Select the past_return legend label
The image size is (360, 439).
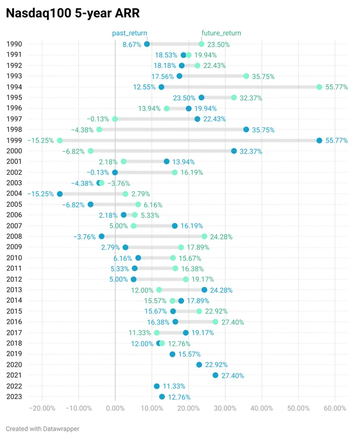pos(126,33)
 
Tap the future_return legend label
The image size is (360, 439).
pos(221,33)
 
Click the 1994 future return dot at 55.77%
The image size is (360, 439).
pos(319,87)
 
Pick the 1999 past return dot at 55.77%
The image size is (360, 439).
pos(319,141)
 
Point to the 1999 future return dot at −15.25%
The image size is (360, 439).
pos(60,141)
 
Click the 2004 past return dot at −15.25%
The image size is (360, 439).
pos(60,194)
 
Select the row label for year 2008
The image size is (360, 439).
pos(14,237)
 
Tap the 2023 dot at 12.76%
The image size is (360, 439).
pos(162,397)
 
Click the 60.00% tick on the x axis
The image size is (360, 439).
pos(335,408)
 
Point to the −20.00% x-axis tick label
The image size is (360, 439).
pos(41,408)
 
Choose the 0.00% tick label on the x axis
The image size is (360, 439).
pos(115,408)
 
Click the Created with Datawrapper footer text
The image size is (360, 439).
pos(42,429)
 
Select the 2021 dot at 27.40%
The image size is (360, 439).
pos(216,375)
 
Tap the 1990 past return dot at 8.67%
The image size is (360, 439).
pos(147,44)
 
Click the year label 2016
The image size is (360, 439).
pos(14,322)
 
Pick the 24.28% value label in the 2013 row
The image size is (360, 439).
pos(221,290)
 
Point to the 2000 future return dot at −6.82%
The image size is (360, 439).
pos(90,151)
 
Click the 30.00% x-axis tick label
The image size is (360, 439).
pos(225,408)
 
